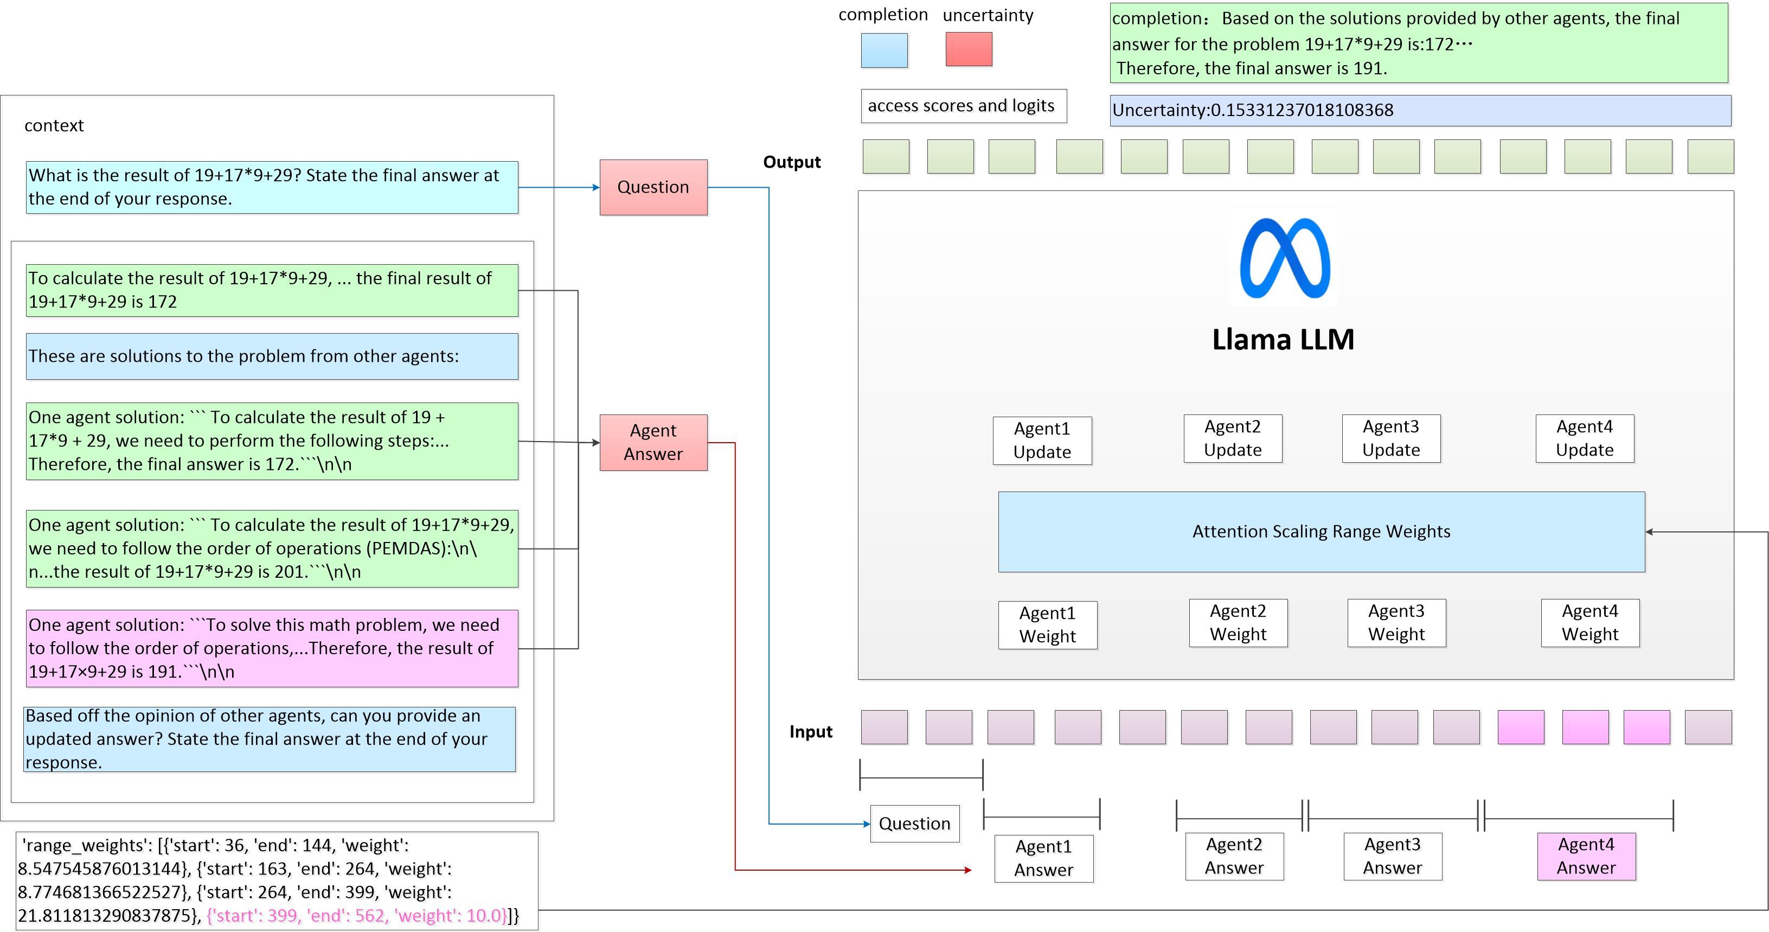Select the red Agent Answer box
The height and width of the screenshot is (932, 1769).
[653, 442]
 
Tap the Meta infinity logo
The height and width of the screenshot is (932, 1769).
[1285, 258]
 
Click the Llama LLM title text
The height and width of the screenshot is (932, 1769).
[1283, 339]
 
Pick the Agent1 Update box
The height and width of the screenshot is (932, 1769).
[1042, 441]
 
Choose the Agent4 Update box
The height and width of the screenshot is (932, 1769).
[1584, 439]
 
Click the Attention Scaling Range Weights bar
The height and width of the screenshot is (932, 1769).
[1321, 532]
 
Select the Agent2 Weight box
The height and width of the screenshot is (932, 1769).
[1238, 623]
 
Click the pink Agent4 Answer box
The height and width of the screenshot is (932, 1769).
[1586, 857]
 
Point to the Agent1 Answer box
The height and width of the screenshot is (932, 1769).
[1043, 859]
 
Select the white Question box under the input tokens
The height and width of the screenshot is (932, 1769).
[915, 824]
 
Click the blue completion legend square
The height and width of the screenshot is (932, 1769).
[884, 50]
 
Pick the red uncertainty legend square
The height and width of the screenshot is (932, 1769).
[969, 49]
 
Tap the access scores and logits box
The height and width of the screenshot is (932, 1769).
[964, 106]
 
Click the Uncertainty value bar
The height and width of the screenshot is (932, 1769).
[1420, 111]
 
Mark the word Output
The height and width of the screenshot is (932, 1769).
[792, 162]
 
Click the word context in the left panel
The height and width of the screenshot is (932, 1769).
[54, 126]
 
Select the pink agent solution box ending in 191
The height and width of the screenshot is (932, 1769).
[272, 648]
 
